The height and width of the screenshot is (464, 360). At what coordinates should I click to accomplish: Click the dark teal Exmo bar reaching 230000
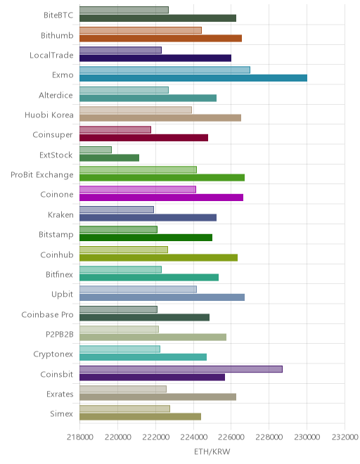(x=193, y=78)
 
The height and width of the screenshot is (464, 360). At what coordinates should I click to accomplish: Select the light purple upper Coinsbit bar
(x=181, y=369)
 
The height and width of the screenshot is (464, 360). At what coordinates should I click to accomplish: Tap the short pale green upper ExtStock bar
(x=96, y=150)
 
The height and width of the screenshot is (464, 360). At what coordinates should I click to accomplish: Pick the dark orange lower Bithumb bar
(x=160, y=38)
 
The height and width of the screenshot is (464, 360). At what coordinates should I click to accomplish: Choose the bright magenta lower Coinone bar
(x=161, y=198)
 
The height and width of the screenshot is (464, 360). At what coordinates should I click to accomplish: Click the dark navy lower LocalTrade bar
(x=155, y=58)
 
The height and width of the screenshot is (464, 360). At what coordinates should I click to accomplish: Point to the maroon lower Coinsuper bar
(x=144, y=138)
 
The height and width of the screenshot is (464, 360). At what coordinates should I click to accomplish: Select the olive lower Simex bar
(x=141, y=417)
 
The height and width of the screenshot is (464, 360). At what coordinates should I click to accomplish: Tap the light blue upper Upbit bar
(x=138, y=290)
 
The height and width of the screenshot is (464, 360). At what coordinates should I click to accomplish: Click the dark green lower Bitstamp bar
(x=146, y=238)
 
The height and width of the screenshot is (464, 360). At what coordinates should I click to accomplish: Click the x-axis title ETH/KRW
(x=212, y=451)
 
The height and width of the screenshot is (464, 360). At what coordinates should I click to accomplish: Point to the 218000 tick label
(x=80, y=437)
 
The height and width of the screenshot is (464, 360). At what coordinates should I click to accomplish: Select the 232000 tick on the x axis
(x=345, y=437)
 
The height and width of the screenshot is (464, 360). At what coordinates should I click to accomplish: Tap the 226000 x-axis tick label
(x=231, y=437)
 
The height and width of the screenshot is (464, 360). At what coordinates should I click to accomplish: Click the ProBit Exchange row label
(x=41, y=175)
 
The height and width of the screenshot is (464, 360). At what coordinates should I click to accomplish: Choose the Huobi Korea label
(x=49, y=115)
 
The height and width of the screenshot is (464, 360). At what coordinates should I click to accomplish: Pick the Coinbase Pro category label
(x=47, y=314)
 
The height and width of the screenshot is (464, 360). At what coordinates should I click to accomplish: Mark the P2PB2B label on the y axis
(x=60, y=335)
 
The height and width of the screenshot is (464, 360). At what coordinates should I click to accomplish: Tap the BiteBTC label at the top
(x=58, y=15)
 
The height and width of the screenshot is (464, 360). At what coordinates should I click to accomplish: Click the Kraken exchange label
(x=60, y=214)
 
